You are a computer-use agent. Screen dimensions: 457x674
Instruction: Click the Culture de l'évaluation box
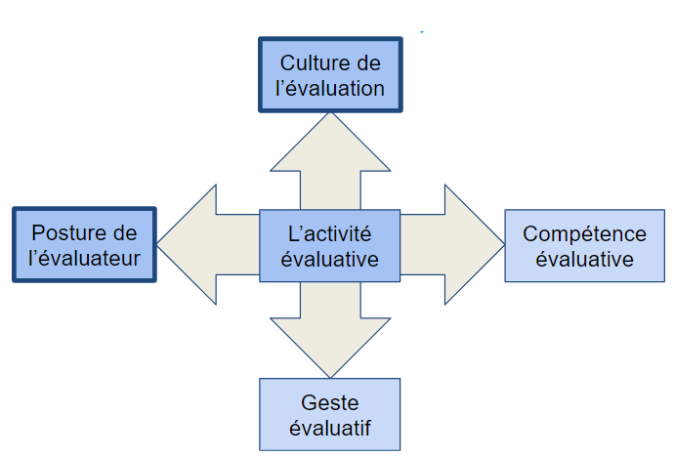[x=330, y=75]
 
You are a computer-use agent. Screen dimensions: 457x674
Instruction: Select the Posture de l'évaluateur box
[x=85, y=245]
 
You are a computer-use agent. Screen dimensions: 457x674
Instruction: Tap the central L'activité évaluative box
[x=329, y=246]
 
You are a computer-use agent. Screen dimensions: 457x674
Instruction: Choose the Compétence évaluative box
[x=584, y=246]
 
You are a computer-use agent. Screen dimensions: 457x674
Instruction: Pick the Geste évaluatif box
[x=330, y=414]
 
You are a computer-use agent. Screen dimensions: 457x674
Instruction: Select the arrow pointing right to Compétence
[x=451, y=244]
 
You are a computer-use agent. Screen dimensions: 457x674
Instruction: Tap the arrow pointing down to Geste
[x=330, y=332]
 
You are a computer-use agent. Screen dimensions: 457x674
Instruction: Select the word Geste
[x=330, y=402]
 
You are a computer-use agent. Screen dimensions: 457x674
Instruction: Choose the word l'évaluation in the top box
[x=330, y=88]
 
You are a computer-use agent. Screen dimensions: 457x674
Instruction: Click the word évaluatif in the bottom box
[x=330, y=427]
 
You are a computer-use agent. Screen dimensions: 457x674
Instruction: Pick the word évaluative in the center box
[x=329, y=259]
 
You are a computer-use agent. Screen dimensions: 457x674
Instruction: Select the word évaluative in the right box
[x=584, y=259]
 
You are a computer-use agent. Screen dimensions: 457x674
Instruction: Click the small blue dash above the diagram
[x=422, y=32]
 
